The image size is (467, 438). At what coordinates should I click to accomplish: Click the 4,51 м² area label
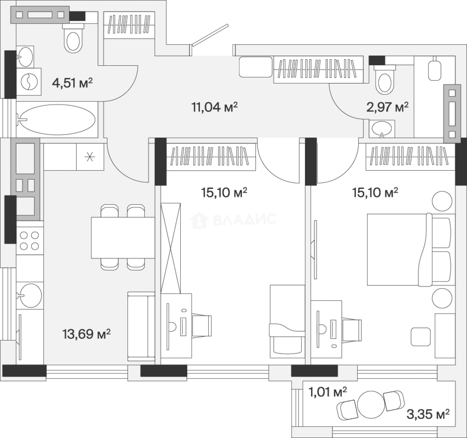[72, 83]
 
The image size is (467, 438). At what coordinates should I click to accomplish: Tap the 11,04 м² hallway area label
[214, 107]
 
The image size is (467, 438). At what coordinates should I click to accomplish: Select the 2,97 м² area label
[387, 107]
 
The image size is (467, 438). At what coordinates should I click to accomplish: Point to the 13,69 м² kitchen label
[86, 334]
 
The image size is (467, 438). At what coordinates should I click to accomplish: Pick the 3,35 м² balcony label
[428, 414]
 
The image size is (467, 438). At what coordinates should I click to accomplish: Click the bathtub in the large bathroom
[56, 120]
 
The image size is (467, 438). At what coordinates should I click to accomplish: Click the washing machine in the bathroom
[29, 82]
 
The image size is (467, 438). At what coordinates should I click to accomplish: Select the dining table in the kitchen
[123, 238]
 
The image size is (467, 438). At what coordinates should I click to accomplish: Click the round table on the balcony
[371, 405]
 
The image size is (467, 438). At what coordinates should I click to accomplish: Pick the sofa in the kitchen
[141, 326]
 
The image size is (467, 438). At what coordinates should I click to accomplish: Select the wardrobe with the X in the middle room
[171, 248]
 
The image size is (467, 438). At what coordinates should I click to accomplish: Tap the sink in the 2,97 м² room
[382, 129]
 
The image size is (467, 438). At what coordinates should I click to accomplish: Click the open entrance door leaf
[210, 35]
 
